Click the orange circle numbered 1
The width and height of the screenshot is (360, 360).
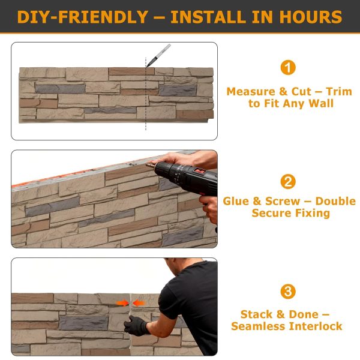pos(288,67)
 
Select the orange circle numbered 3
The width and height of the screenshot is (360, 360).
pos(288,292)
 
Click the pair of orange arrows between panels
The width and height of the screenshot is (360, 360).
pos(130,303)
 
